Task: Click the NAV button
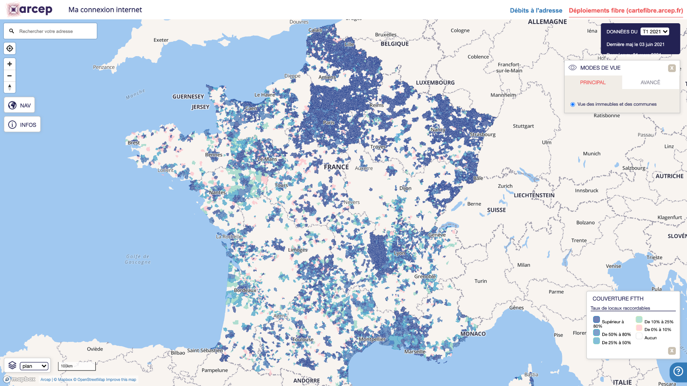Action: click(x=20, y=105)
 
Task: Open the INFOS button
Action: click(x=22, y=125)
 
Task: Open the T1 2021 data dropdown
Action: click(x=655, y=32)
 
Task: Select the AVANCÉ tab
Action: click(x=650, y=82)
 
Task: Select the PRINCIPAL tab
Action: click(x=593, y=82)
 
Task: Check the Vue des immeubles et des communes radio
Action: click(x=573, y=105)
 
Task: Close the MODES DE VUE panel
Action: click(x=672, y=68)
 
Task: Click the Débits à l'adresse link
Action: click(x=536, y=10)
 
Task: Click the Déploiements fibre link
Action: click(x=625, y=10)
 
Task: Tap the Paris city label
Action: click(x=329, y=123)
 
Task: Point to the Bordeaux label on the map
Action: click(x=245, y=290)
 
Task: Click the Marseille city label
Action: click(x=415, y=352)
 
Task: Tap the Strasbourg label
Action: click(x=482, y=135)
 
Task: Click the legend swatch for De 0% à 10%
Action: click(x=639, y=328)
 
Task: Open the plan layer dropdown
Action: click(x=34, y=366)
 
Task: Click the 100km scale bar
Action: click(x=77, y=366)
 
